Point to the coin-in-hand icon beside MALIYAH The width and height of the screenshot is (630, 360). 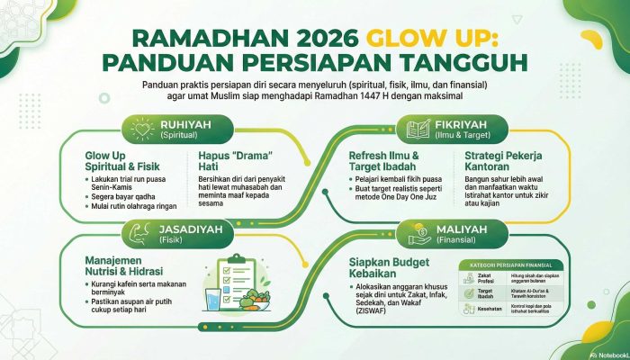tap(417, 230)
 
